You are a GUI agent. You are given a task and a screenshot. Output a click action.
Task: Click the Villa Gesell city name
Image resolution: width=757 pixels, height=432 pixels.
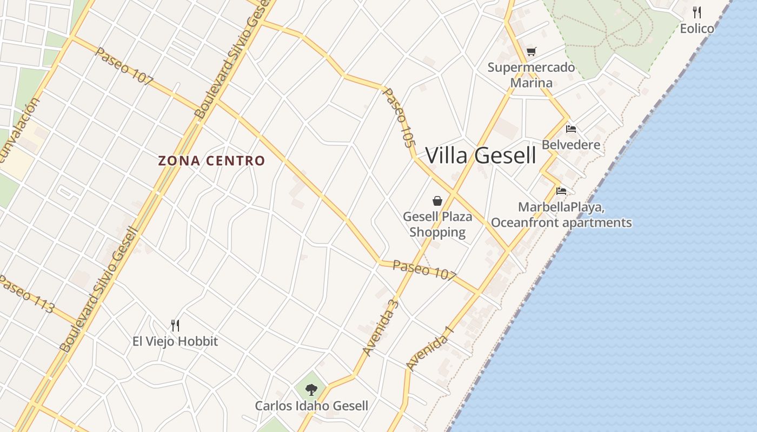tap(481, 156)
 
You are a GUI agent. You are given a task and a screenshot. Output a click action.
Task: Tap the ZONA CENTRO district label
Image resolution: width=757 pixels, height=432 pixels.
tap(211, 161)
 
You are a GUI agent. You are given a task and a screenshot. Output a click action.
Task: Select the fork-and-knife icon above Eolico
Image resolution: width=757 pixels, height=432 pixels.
tap(697, 12)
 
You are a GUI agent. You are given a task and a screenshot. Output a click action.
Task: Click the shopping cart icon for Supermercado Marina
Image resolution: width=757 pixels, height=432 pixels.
tap(531, 52)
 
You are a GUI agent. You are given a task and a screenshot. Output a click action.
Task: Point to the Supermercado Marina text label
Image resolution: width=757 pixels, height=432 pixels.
tap(531, 75)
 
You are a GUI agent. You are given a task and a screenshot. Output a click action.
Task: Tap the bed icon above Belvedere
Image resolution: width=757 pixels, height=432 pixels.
tap(571, 129)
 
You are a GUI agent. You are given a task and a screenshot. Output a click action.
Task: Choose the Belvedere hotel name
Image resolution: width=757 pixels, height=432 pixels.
tap(571, 145)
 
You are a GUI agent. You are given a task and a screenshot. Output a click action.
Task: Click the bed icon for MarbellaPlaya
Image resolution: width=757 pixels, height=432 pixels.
tap(561, 191)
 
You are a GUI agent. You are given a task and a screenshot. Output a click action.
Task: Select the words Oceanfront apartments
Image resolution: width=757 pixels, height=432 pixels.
tap(561, 222)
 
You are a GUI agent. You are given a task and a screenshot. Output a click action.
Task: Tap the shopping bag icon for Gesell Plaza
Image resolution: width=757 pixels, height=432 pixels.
tap(437, 201)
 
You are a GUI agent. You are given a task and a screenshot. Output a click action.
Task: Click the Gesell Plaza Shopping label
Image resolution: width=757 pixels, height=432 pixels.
tap(437, 224)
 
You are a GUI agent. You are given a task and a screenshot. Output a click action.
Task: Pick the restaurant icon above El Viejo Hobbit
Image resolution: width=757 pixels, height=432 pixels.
tap(175, 325)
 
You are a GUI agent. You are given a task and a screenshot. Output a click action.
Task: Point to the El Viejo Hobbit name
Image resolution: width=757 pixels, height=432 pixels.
tap(175, 341)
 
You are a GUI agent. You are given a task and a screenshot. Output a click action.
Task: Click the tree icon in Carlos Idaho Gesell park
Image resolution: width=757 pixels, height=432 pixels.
tap(311, 389)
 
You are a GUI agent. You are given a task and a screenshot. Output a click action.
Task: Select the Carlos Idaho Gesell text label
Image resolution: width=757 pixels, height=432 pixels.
tap(311, 406)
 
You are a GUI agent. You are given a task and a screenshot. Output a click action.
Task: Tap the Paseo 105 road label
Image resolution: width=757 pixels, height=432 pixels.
tap(400, 118)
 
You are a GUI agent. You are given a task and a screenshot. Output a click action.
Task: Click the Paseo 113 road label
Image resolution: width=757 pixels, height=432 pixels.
tap(27, 294)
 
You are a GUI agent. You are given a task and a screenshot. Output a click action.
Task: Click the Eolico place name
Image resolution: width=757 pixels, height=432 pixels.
tap(697, 29)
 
